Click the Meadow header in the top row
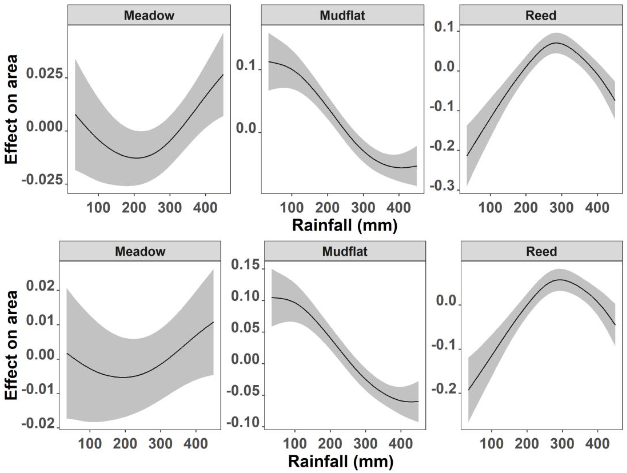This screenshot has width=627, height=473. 149,15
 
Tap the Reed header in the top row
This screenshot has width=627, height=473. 541,15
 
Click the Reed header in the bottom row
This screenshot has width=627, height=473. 541,251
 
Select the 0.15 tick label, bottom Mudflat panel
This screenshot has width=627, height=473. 245,265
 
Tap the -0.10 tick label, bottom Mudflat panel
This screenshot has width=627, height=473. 243,423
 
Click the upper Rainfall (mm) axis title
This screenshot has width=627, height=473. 345,225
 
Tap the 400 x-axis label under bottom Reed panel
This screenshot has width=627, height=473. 597,443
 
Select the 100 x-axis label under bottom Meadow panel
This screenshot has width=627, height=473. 90,443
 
